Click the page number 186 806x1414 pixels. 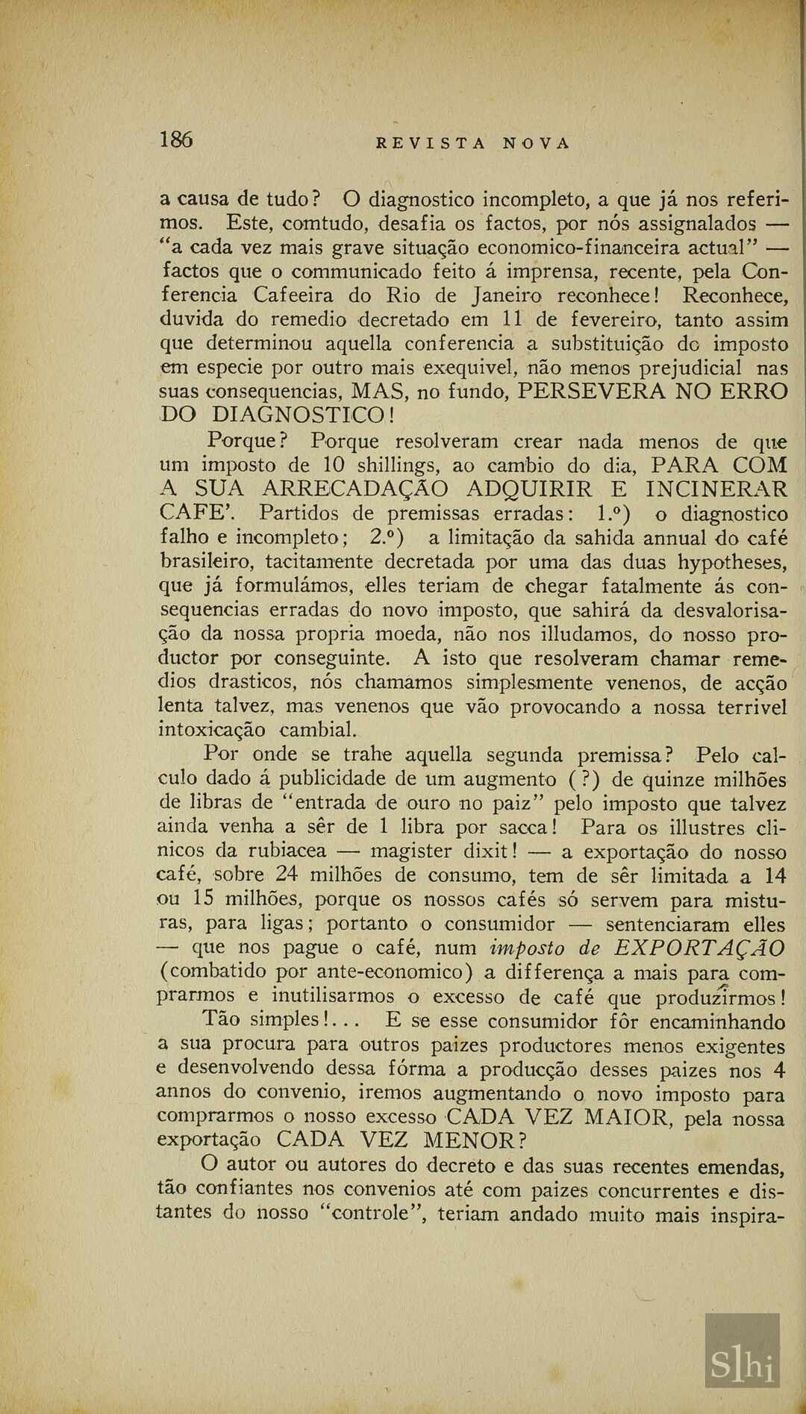tap(176, 140)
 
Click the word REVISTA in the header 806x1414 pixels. tap(430, 143)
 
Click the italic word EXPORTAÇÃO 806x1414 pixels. tap(699, 948)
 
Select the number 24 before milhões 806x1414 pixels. tap(287, 875)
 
